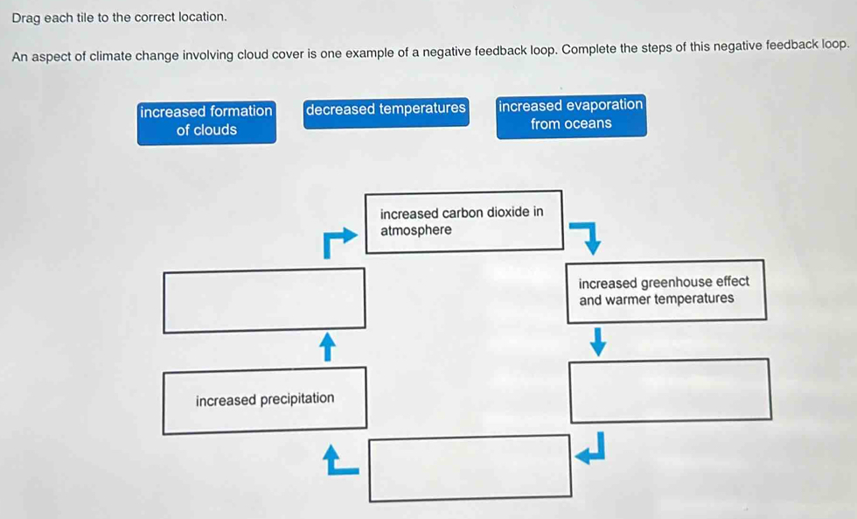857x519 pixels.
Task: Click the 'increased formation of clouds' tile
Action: [x=206, y=121]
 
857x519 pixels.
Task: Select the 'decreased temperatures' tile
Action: [x=386, y=109]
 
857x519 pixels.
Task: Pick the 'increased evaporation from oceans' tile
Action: [x=571, y=115]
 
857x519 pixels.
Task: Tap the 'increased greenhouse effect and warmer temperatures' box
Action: [x=665, y=291]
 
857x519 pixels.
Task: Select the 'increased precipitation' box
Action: [x=264, y=400]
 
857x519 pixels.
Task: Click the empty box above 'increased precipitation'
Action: [x=264, y=300]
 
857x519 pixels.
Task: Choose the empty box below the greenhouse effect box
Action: [x=670, y=390]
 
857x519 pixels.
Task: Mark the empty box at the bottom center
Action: [x=470, y=467]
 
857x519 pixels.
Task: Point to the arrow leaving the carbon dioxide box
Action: [x=585, y=236]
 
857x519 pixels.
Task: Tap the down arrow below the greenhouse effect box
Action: [x=598, y=341]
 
